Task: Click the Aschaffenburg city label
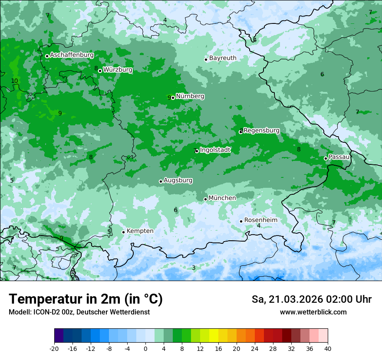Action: pyautogui.click(x=72, y=55)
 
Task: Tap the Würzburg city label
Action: pyautogui.click(x=118, y=70)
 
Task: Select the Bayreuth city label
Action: pyautogui.click(x=223, y=58)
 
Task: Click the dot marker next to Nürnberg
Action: pyautogui.click(x=173, y=98)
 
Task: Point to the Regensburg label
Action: pyautogui.click(x=261, y=131)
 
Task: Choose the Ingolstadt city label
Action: pyautogui.click(x=215, y=150)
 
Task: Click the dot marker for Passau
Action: pyautogui.click(x=326, y=158)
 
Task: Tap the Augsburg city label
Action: pyautogui.click(x=178, y=180)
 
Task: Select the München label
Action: pyautogui.click(x=222, y=198)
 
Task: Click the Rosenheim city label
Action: pyautogui.click(x=260, y=220)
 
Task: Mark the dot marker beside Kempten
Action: pyautogui.click(x=123, y=232)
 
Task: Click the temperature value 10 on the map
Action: pyautogui.click(x=14, y=81)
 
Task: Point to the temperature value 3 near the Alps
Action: pyautogui.click(x=194, y=268)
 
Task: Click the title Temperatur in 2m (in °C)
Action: pyautogui.click(x=86, y=299)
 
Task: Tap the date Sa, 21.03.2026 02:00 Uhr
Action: pyautogui.click(x=311, y=300)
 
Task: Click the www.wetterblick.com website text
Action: pyautogui.click(x=313, y=312)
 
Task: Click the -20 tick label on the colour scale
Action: pyautogui.click(x=54, y=348)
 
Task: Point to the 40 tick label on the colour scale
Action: pyautogui.click(x=327, y=348)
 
